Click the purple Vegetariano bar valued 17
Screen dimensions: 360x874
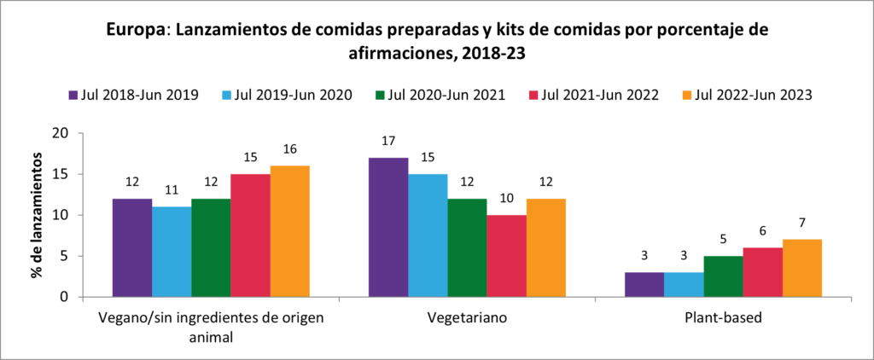[387, 228]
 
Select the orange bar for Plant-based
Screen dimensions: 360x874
[802, 268]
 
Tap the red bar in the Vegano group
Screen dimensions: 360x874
[250, 235]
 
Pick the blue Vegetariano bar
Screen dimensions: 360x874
[428, 235]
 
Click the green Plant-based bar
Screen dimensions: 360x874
[724, 276]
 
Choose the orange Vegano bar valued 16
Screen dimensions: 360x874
[289, 231]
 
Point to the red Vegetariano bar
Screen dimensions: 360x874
[506, 256]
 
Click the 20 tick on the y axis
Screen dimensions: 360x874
[60, 133]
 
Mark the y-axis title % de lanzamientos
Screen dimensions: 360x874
[38, 215]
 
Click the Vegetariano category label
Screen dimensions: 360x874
[467, 318]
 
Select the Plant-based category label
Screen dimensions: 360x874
[723, 318]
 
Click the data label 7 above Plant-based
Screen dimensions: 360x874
[802, 224]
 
